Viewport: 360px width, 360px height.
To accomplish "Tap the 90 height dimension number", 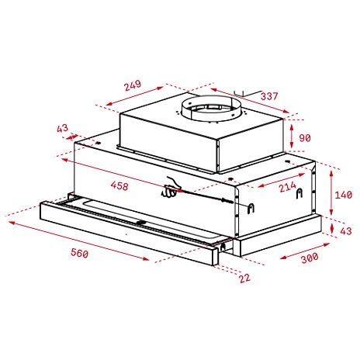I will click(x=306, y=138).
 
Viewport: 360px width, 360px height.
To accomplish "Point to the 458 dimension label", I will click(x=119, y=186).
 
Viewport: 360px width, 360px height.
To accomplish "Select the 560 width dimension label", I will click(x=78, y=253).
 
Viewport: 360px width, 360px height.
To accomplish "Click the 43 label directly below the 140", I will click(x=346, y=230).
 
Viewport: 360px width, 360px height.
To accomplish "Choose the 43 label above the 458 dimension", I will click(x=63, y=128).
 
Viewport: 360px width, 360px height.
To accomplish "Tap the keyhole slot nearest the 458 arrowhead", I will click(x=250, y=207).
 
